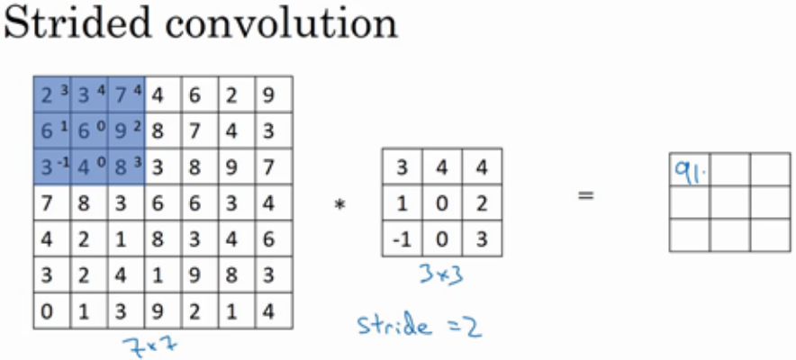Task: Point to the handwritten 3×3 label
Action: pyautogui.click(x=442, y=274)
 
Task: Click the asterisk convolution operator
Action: pyautogui.click(x=339, y=206)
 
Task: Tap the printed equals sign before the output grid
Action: pyautogui.click(x=586, y=193)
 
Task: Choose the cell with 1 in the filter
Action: pyautogui.click(x=402, y=202)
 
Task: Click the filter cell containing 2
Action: pyautogui.click(x=481, y=202)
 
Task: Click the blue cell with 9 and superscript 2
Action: pyautogui.click(x=126, y=131)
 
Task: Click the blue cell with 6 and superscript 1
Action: pyautogui.click(x=52, y=131)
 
